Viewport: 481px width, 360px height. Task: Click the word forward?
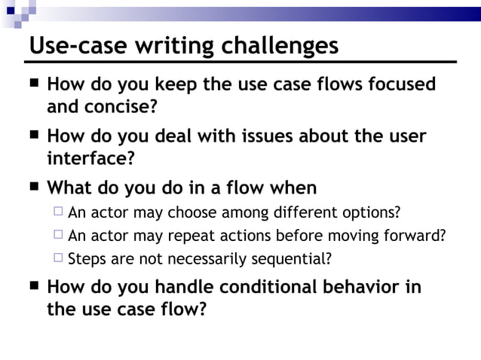[415, 236]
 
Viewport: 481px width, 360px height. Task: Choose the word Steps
[85, 260]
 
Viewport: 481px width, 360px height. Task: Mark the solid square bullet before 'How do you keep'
[35, 84]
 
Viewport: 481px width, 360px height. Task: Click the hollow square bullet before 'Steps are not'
[57, 260]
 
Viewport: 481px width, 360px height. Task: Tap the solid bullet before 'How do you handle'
[35, 287]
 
